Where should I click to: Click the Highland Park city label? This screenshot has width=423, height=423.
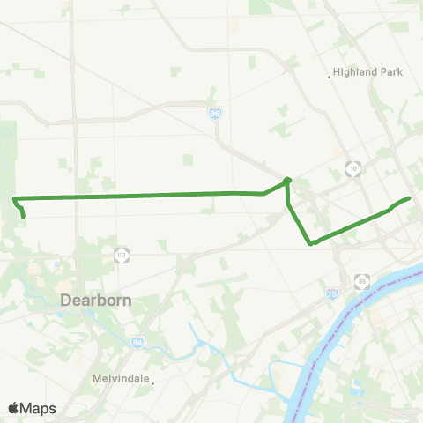(368, 72)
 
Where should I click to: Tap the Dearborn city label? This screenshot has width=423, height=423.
(96, 301)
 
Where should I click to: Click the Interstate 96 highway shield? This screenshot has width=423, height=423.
(215, 114)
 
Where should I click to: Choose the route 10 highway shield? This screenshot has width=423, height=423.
(352, 167)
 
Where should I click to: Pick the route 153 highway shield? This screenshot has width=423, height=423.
(121, 255)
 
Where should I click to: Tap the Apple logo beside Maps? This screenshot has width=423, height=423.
(14, 408)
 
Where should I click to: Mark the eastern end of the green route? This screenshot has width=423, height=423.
(410, 198)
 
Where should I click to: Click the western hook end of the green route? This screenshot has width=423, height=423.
(23, 216)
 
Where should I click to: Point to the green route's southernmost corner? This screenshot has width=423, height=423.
(310, 244)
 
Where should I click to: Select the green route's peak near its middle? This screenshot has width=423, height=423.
(287, 180)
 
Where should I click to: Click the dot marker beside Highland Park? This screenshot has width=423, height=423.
(330, 77)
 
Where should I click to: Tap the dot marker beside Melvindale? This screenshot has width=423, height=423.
(152, 382)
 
